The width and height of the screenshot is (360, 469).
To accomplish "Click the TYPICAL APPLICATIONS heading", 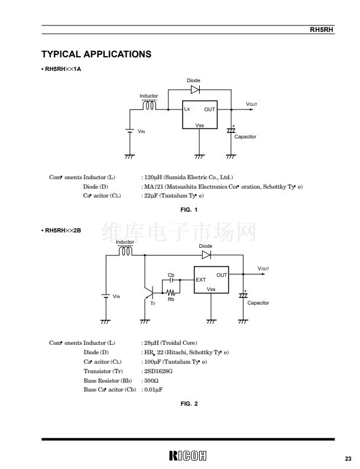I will (96, 55).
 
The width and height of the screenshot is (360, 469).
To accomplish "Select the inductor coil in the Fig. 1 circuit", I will (149, 106).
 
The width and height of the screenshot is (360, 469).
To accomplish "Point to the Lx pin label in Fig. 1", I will (187, 109).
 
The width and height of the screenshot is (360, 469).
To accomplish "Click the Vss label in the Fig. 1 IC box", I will (200, 125).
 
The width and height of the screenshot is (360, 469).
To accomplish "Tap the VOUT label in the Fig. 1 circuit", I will (252, 105).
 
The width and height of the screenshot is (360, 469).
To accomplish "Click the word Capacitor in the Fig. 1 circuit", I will (245, 137).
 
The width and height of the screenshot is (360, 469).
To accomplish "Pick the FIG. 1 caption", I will (189, 210).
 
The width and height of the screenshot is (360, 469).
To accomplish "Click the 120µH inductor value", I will (152, 177).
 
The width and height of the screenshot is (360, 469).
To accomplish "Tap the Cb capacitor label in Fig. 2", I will (171, 275).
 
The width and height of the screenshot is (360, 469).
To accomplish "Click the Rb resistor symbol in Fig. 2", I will (171, 292).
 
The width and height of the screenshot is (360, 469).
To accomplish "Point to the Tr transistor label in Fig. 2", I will (153, 303).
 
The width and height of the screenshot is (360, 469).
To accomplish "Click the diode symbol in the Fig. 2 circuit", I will (206, 255).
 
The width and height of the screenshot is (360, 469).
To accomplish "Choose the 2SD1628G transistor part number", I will (157, 371).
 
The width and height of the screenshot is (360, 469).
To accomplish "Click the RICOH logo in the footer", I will (188, 456).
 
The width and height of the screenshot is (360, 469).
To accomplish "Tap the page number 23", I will (348, 458).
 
